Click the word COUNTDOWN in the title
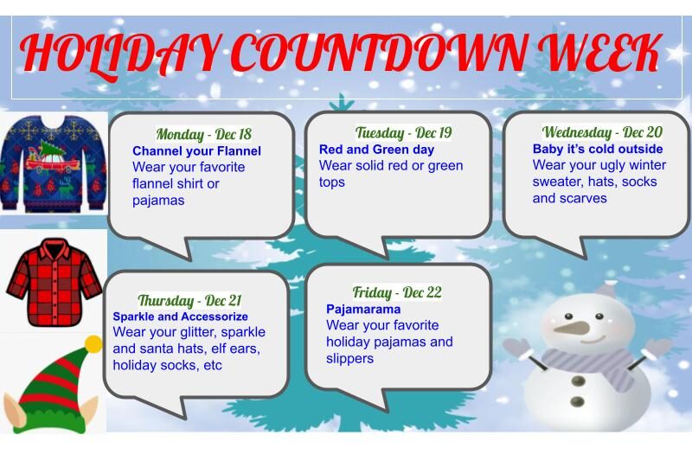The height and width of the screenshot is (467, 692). [x=380, y=53]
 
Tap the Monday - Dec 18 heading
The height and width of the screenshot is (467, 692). [x=203, y=134]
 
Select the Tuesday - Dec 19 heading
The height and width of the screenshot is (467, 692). [x=404, y=133]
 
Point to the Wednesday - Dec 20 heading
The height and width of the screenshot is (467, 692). [x=602, y=132]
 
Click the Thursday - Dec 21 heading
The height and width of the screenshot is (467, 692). [x=189, y=301]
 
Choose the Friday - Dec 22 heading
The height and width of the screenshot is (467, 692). [x=397, y=292]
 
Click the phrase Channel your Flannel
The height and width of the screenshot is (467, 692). [x=196, y=151]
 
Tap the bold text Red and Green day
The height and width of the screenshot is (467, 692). [x=376, y=150]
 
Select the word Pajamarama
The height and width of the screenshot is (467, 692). [x=363, y=309]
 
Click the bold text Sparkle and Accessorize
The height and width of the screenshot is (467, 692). [x=180, y=317]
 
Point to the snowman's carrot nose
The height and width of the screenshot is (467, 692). [x=572, y=328]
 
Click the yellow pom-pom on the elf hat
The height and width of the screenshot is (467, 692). [x=93, y=343]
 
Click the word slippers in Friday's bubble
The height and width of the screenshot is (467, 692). [x=349, y=358]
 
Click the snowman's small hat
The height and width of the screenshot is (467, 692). [x=608, y=288]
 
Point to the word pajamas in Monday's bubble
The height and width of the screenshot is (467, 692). [x=158, y=201]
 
